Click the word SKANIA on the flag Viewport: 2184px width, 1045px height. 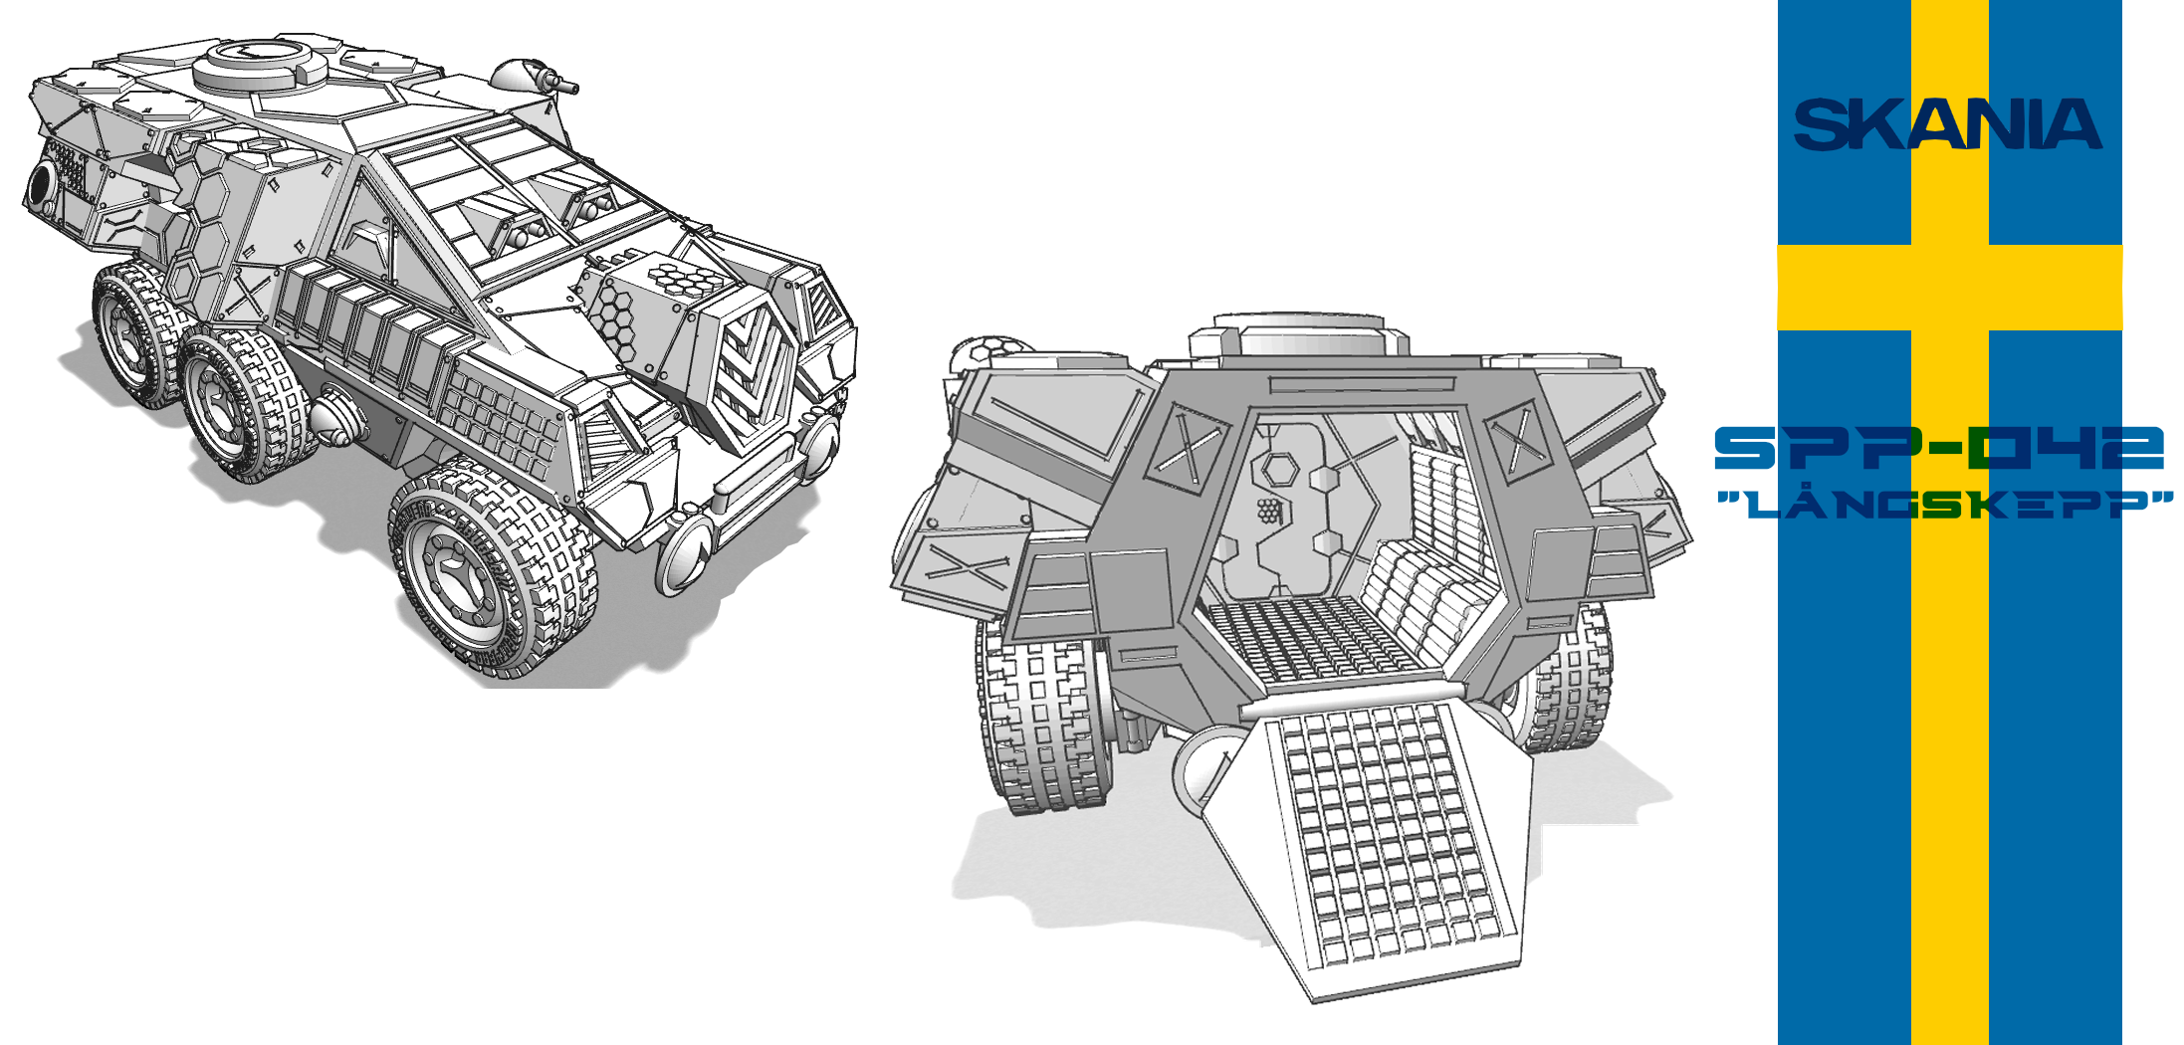pyautogui.click(x=1947, y=124)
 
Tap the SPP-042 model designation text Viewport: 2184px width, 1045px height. pyautogui.click(x=1939, y=447)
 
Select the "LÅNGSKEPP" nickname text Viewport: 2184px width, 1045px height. pyautogui.click(x=1946, y=503)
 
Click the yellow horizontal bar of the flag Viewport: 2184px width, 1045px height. pyautogui.click(x=1950, y=288)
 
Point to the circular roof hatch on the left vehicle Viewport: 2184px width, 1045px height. pyautogui.click(x=261, y=66)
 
